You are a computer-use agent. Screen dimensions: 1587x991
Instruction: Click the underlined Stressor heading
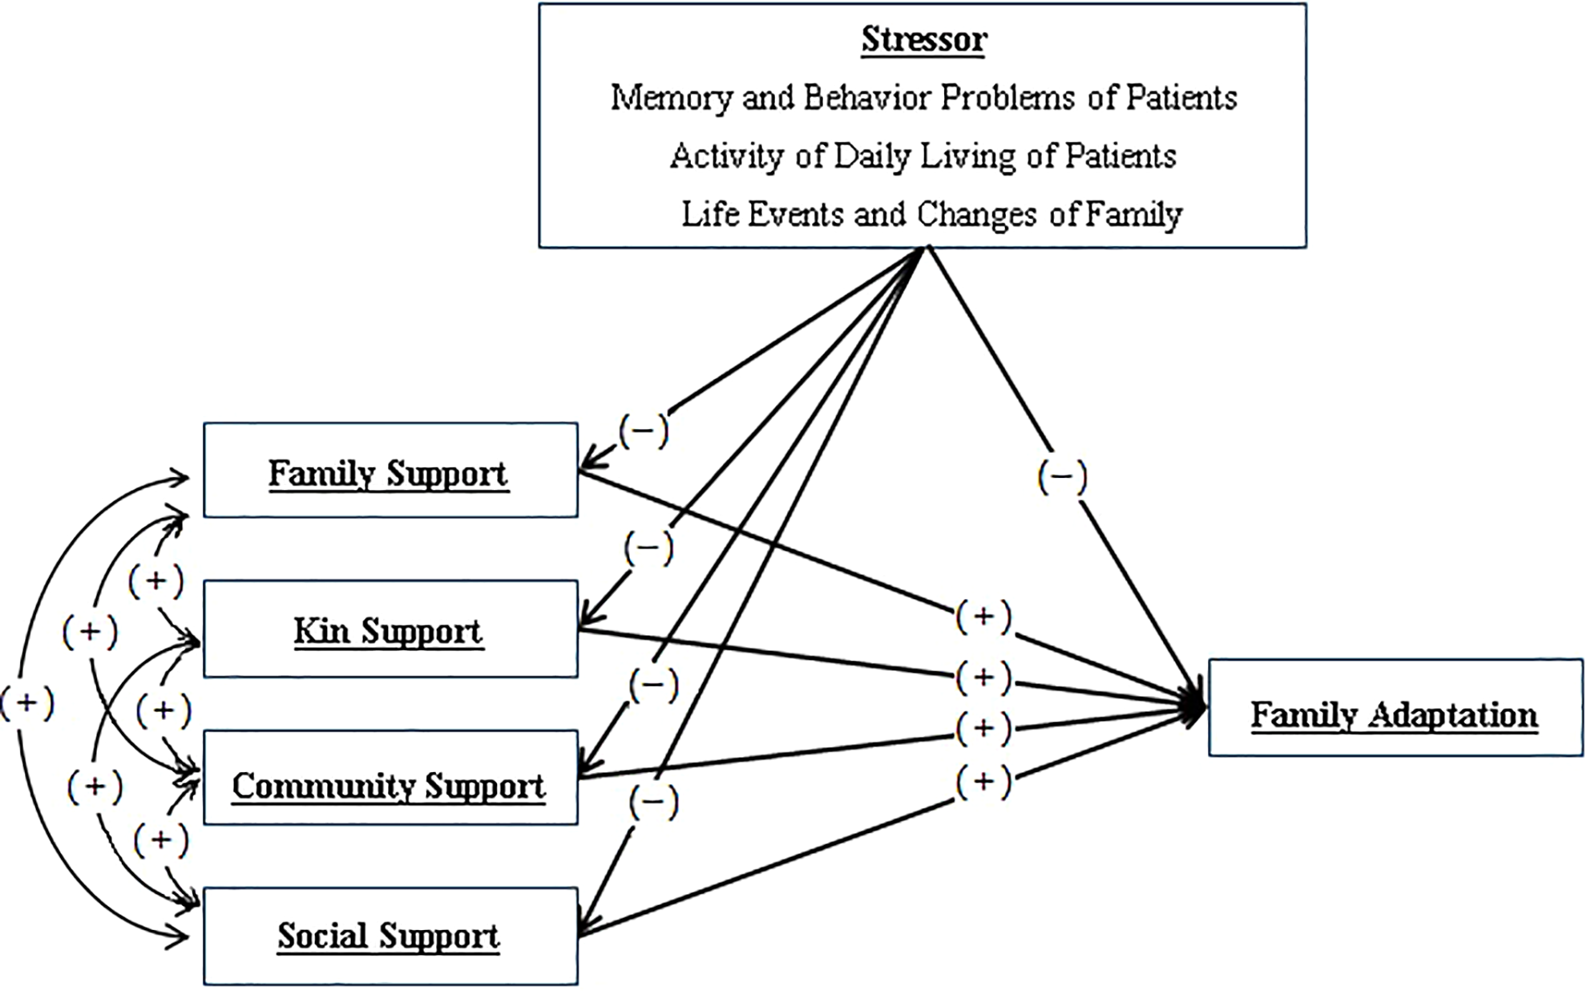(x=923, y=39)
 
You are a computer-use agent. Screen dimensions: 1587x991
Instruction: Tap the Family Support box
(x=390, y=470)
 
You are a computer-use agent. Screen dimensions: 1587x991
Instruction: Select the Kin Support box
(x=390, y=629)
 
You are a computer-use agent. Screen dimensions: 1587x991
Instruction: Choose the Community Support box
(x=390, y=777)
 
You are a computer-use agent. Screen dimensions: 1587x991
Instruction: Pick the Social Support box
(x=390, y=936)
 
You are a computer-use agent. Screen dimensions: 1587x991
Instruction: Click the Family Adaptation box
(x=1395, y=708)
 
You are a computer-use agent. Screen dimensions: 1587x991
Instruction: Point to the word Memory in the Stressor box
(x=672, y=99)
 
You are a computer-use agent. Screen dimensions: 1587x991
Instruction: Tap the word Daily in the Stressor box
(x=876, y=156)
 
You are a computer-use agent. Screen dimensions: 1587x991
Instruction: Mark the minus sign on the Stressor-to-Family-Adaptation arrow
(x=1062, y=477)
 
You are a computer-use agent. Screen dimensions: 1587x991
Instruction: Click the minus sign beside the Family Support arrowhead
(x=643, y=431)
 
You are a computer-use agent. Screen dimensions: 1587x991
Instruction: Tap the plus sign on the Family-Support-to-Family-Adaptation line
(x=983, y=617)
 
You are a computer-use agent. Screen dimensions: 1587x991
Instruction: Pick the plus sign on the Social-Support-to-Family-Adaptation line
(x=983, y=781)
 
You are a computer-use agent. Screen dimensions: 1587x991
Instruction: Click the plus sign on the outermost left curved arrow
(x=26, y=703)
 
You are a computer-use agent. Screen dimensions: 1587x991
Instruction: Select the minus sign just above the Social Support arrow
(x=653, y=803)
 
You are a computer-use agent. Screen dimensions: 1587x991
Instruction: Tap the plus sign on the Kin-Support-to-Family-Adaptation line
(x=983, y=678)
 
